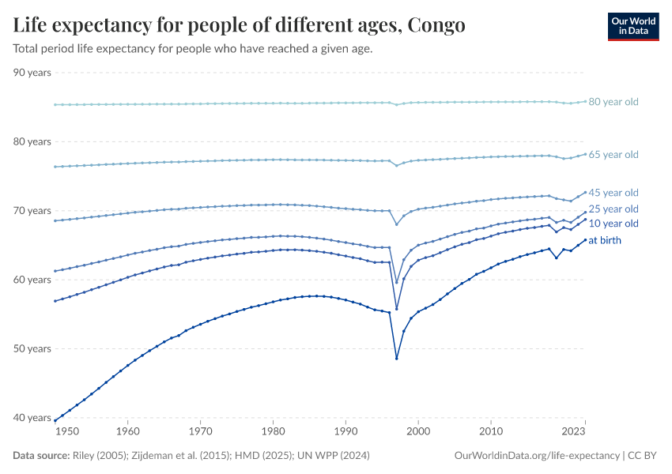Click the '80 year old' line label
(x=613, y=102)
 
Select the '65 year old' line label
(x=613, y=155)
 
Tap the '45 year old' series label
(x=613, y=193)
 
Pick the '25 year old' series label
(x=613, y=209)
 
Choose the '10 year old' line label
(x=613, y=224)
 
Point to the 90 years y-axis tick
(x=32, y=73)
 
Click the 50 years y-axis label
(x=32, y=348)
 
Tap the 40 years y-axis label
(x=32, y=418)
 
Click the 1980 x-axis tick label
(x=274, y=432)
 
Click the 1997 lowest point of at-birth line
(x=396, y=358)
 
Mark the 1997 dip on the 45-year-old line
(x=396, y=224)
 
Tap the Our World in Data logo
(x=633, y=26)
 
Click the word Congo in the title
(x=437, y=26)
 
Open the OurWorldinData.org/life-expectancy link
(x=537, y=456)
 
